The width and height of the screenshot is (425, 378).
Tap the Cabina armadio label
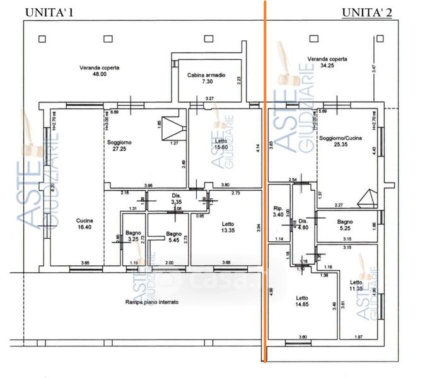206,79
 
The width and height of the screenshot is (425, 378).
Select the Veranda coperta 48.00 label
100,71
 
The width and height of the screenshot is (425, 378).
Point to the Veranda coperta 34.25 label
327,62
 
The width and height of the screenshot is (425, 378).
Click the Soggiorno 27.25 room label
119,146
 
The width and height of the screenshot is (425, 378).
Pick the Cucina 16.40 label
84,224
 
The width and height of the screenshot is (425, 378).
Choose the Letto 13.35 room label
228,227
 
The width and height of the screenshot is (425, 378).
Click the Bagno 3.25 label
132,236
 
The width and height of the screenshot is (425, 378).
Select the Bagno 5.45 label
174,237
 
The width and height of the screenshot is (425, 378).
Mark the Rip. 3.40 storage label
278,211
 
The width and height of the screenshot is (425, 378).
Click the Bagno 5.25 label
345,226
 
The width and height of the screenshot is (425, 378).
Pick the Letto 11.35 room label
356,285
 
